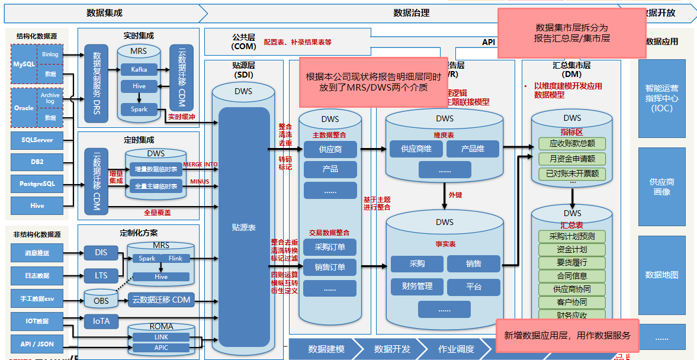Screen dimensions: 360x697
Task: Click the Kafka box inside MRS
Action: [139, 69]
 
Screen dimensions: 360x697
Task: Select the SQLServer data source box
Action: [37, 140]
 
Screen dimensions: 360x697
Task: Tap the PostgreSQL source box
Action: [37, 184]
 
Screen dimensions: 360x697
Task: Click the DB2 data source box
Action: [37, 162]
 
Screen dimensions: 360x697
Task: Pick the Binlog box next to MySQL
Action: [50, 54]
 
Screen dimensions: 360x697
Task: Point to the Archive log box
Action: [50, 98]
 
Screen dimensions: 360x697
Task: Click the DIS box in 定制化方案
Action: [101, 253]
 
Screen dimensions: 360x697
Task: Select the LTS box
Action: [101, 275]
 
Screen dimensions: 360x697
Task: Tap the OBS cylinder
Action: [101, 300]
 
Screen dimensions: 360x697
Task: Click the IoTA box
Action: [101, 322]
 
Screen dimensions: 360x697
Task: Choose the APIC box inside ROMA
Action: [161, 348]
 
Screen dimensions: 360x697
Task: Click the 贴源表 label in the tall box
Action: [244, 227]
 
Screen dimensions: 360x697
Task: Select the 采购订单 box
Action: [330, 247]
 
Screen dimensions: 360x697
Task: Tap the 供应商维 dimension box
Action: [416, 149]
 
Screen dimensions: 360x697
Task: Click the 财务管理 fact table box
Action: [417, 287]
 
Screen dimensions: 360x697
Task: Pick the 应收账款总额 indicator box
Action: [571, 144]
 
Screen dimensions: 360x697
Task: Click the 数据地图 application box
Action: [661, 275]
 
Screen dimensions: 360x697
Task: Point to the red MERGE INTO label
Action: [200, 164]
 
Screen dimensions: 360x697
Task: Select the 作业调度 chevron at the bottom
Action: [456, 349]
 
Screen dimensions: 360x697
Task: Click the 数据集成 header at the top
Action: [104, 12]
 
